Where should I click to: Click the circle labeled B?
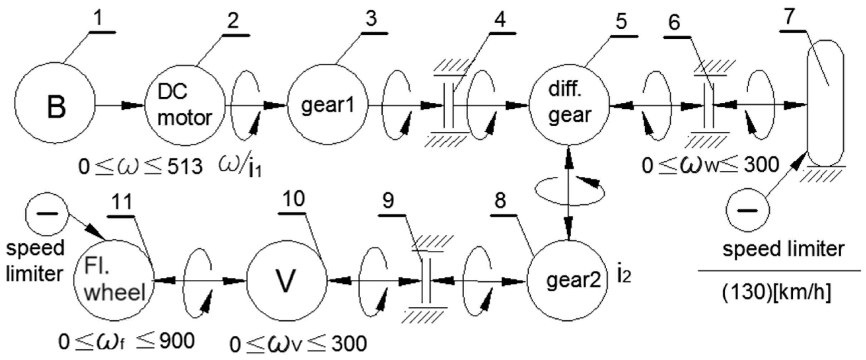[x=55, y=104]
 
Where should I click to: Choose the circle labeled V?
[x=286, y=280]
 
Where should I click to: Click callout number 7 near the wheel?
[x=789, y=17]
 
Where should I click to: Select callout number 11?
[x=121, y=202]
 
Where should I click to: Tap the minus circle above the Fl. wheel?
[x=47, y=214]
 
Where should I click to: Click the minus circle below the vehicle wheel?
[x=748, y=210]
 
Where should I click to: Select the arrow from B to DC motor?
[x=120, y=105]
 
